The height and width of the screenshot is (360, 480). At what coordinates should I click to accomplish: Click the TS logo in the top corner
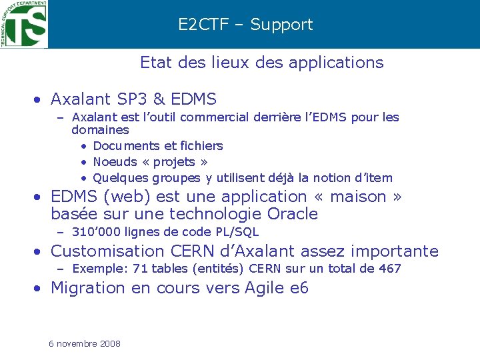point(24,24)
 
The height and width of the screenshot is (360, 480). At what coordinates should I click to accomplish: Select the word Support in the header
point(281,25)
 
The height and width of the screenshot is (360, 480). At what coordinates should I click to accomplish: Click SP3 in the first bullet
point(131,99)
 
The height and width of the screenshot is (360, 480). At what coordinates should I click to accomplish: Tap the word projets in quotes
point(174,162)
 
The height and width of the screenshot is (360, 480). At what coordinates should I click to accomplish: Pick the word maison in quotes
point(357,197)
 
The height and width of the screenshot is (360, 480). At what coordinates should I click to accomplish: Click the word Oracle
point(292,214)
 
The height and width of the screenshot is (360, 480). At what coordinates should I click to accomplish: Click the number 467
point(389,269)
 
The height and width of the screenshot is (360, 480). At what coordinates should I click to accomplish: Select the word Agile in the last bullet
point(268,288)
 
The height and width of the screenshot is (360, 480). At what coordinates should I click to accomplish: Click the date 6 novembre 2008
point(85,343)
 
